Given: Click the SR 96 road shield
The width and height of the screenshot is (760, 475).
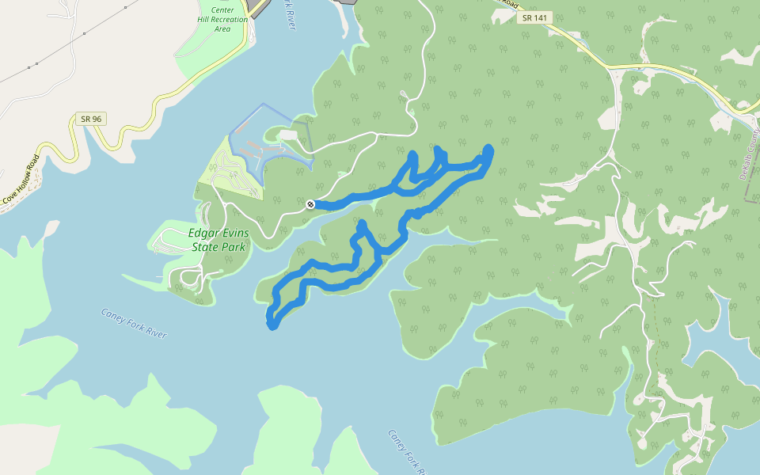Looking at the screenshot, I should pos(91,119).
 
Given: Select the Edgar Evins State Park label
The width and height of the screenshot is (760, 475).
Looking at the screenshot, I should pos(218,240).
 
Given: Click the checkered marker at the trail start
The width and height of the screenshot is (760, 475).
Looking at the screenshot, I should pos(310,204).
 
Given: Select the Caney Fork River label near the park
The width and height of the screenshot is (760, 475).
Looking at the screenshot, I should pos(134,323).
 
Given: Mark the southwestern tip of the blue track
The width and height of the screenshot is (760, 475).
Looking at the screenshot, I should pos(272,325).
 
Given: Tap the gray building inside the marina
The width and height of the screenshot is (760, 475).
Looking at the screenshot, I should pos(288,135).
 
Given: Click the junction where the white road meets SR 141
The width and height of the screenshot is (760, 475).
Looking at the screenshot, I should pos(614,70).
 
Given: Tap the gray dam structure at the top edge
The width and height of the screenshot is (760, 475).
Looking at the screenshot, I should pos(258,6).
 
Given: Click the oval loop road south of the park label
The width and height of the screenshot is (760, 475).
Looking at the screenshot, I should pos(190,277).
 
